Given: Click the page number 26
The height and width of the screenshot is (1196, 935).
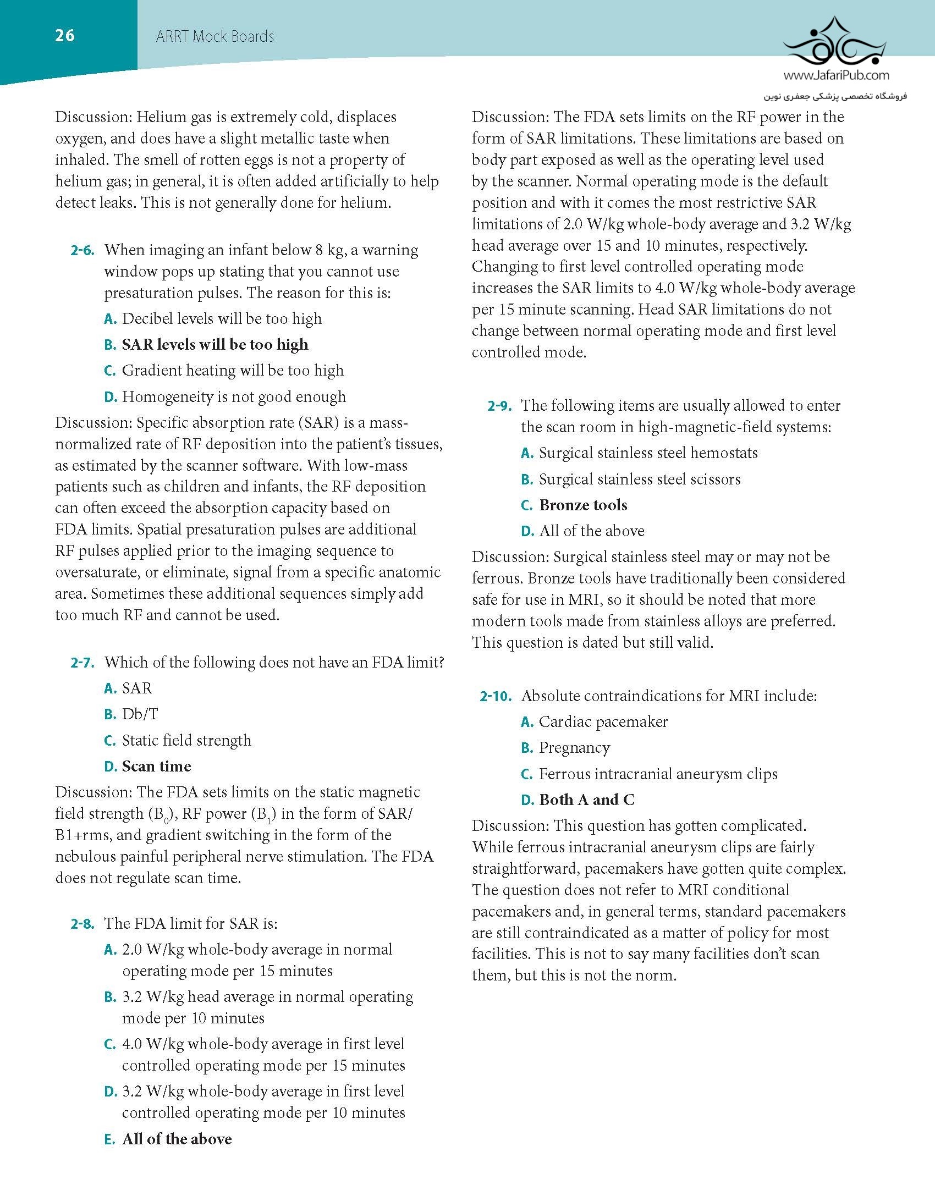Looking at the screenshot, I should pyautogui.click(x=65, y=36).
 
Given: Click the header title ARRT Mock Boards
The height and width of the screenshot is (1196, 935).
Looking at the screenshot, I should pyautogui.click(x=215, y=37).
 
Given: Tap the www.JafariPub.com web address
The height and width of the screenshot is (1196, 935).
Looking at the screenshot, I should pyautogui.click(x=836, y=75).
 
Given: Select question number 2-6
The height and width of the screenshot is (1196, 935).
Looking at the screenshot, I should pyautogui.click(x=82, y=251).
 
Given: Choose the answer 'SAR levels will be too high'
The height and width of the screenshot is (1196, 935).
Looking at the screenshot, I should pyautogui.click(x=215, y=345).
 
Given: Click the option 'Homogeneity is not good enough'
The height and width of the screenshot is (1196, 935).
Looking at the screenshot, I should pyautogui.click(x=234, y=396).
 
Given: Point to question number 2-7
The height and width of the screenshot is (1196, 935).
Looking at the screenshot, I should pyautogui.click(x=82, y=663).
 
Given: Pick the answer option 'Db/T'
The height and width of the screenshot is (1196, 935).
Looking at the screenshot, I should pyautogui.click(x=140, y=714).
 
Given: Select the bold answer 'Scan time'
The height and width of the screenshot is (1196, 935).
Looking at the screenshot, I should pyautogui.click(x=156, y=767).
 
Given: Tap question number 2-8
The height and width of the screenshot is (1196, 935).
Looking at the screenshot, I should pyautogui.click(x=82, y=924).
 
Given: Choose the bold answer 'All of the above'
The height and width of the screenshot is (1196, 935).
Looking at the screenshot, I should pyautogui.click(x=177, y=1139).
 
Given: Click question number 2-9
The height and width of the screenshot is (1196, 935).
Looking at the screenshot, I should pyautogui.click(x=499, y=406).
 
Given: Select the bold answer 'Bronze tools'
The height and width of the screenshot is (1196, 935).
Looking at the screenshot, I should pyautogui.click(x=583, y=505).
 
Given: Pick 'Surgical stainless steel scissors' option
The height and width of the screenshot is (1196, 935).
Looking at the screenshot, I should pyautogui.click(x=640, y=479).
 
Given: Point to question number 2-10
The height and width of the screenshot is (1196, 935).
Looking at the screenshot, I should pyautogui.click(x=496, y=697).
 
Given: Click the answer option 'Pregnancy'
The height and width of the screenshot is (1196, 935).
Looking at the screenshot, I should pyautogui.click(x=574, y=748).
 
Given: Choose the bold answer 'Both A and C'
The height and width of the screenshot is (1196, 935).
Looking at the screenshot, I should pyautogui.click(x=587, y=800).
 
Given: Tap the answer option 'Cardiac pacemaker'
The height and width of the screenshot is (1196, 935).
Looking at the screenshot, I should pyautogui.click(x=603, y=722).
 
